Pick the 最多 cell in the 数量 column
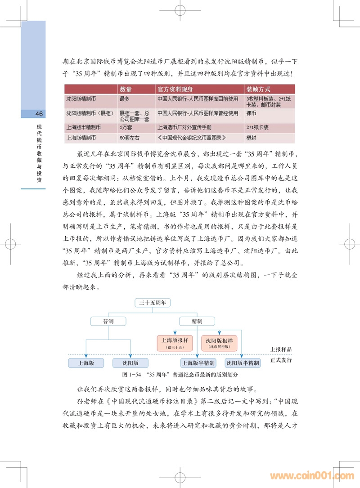125,98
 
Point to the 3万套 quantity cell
126,127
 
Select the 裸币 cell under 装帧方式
250,114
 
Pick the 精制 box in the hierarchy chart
197,321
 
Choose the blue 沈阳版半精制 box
243,363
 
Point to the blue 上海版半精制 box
198,363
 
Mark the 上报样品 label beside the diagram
281,349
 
